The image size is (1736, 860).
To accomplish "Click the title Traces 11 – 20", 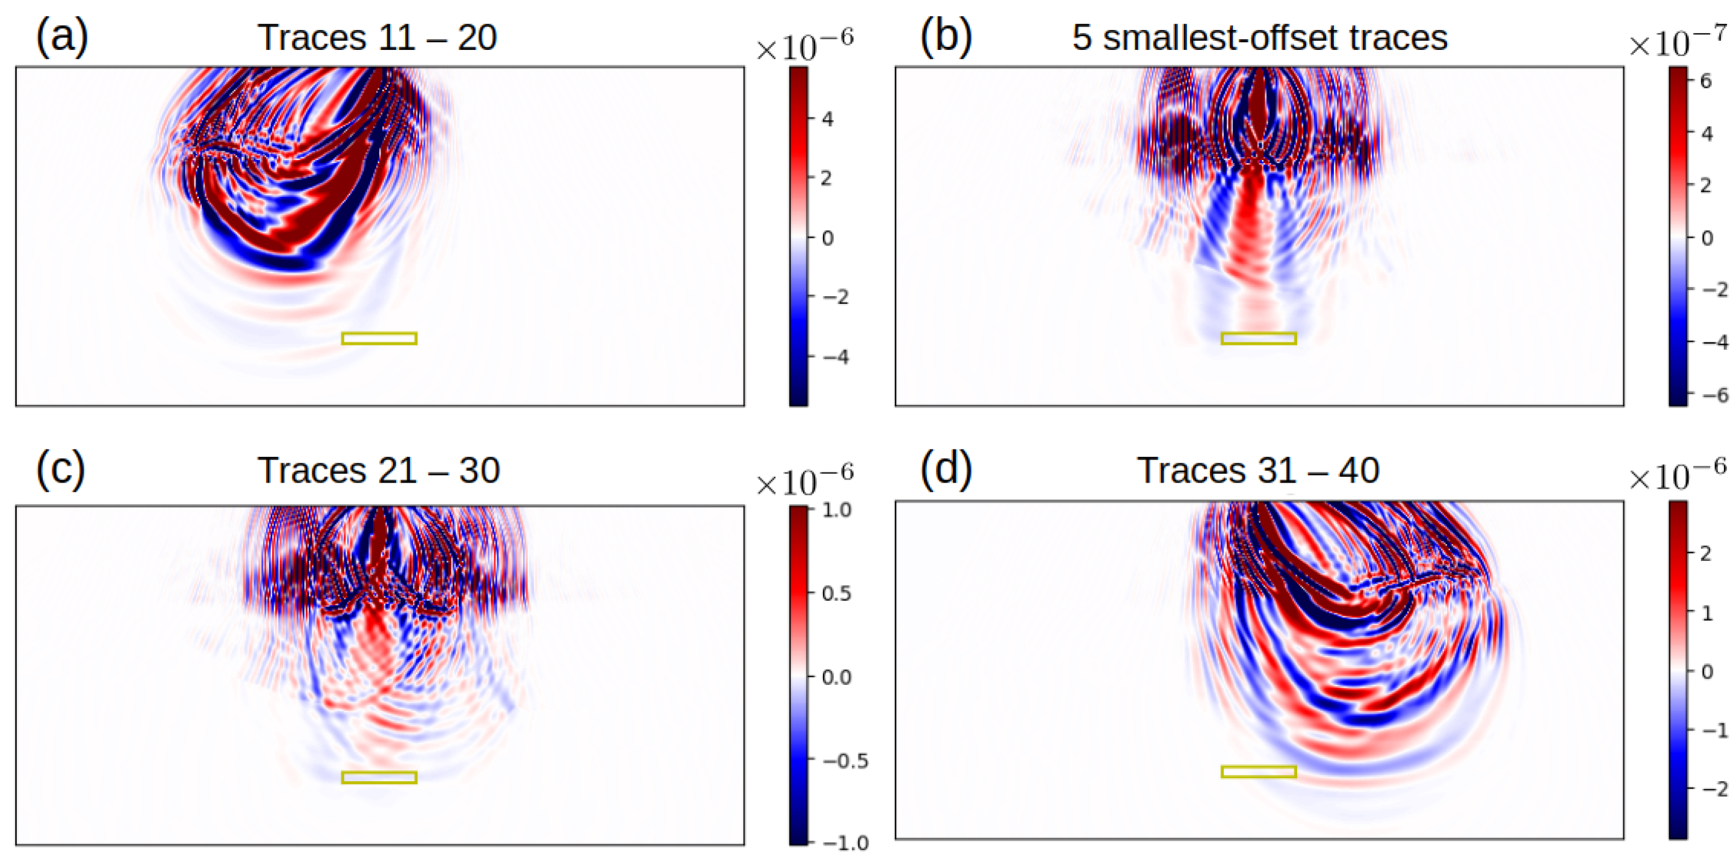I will click(x=377, y=37).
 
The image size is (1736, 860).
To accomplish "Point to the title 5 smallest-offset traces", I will click(x=1259, y=37).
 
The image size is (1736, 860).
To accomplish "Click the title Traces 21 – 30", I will click(x=379, y=470).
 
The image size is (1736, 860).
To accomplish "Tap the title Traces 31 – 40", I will click(x=1257, y=470).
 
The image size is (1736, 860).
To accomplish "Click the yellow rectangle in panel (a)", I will click(x=379, y=338).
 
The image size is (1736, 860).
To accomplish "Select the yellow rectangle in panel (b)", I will click(x=1258, y=338).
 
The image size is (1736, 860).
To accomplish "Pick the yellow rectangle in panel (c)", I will click(x=379, y=777).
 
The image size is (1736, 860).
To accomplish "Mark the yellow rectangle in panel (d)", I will click(x=1258, y=772).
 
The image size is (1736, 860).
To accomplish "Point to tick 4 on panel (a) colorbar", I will click(x=828, y=119).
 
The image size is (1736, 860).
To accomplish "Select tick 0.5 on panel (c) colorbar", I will click(x=836, y=593).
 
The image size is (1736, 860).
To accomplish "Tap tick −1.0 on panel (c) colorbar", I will click(x=845, y=843).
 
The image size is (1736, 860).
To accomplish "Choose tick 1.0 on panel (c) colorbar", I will click(x=836, y=510).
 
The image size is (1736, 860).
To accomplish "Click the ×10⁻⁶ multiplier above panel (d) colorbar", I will click(x=1678, y=477).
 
